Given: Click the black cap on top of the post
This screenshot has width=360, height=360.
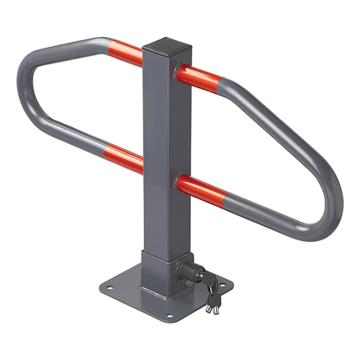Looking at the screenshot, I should point(168,43).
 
